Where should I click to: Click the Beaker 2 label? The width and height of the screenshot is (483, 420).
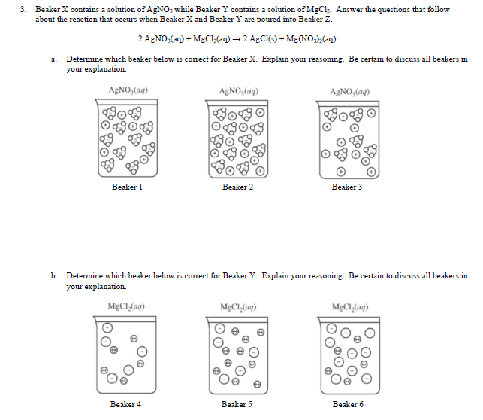[236, 187]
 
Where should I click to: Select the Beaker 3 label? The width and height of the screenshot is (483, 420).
[346, 187]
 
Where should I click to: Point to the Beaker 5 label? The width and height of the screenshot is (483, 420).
[236, 404]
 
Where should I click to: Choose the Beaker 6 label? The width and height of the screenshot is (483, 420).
[346, 404]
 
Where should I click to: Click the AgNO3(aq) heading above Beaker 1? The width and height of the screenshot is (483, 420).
[127, 90]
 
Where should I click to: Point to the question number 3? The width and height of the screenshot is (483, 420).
[24, 9]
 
